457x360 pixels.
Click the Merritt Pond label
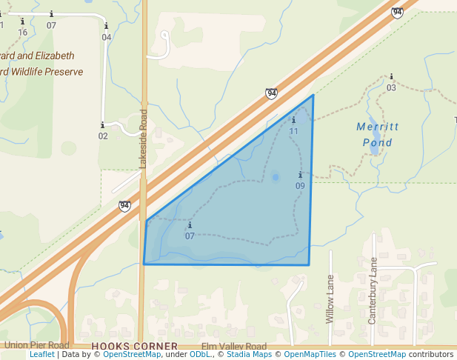click(x=378, y=134)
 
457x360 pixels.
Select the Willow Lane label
click(x=330, y=299)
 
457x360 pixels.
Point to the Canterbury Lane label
click(x=373, y=290)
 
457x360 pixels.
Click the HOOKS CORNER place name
click(x=135, y=346)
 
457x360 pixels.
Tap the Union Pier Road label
click(x=36, y=345)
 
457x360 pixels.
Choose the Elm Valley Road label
click(x=233, y=346)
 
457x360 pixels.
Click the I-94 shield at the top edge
click(x=398, y=12)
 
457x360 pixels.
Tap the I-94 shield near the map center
click(x=272, y=93)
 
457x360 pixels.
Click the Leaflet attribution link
click(x=42, y=354)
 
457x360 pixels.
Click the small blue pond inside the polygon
click(x=276, y=177)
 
